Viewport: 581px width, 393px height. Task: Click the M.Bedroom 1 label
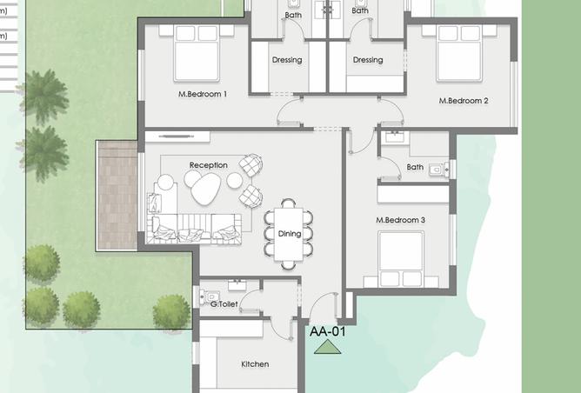coord(202,94)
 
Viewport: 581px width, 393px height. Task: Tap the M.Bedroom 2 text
coord(464,101)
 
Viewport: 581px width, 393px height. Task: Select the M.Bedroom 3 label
coord(400,220)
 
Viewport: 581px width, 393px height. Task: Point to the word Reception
coord(209,165)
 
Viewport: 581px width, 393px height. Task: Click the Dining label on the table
coord(290,233)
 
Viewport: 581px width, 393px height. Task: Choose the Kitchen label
coord(255,363)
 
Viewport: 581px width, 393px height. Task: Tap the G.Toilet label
coord(224,303)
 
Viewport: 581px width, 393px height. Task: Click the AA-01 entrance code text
coord(328,330)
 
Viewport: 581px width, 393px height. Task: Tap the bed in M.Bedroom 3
coord(401,259)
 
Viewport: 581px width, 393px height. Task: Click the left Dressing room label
coord(287,60)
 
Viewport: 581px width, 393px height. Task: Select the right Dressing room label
coord(368,60)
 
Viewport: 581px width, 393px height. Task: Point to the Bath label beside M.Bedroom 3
coord(415,167)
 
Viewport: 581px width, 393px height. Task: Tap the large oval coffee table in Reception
coord(205,188)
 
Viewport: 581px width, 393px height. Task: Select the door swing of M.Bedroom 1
coord(289,113)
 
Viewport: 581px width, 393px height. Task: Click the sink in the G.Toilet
coord(236,285)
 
